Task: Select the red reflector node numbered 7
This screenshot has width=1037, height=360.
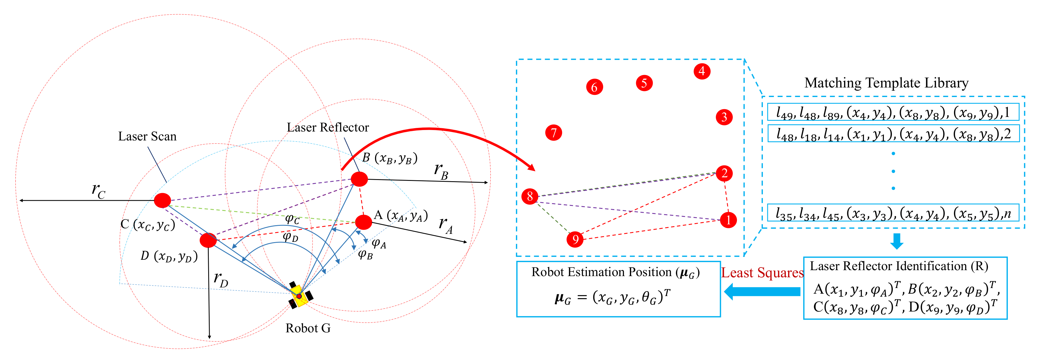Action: [553, 132]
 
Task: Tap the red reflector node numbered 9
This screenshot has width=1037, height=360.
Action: [575, 240]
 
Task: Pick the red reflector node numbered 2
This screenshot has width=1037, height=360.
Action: [724, 173]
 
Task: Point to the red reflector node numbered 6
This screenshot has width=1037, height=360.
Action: [594, 87]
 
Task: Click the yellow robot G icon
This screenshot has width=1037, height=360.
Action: [300, 296]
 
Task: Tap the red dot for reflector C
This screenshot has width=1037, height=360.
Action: [162, 200]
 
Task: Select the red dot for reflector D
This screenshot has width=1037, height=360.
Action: [208, 240]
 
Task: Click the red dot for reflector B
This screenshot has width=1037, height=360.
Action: [359, 179]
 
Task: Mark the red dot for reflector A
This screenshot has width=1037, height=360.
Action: [363, 222]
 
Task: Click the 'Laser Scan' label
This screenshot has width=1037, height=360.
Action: [147, 137]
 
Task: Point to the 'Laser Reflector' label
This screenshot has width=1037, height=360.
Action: [328, 128]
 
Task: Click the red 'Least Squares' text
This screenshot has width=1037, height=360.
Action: [762, 273]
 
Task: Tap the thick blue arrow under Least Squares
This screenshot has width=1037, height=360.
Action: [762, 291]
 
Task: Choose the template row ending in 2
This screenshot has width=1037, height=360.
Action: [893, 134]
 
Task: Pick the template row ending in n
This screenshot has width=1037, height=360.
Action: [893, 213]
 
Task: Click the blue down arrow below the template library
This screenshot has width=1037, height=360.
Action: [897, 241]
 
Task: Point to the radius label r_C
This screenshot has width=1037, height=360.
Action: [98, 190]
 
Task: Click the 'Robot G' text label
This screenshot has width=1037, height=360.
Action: [308, 328]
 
